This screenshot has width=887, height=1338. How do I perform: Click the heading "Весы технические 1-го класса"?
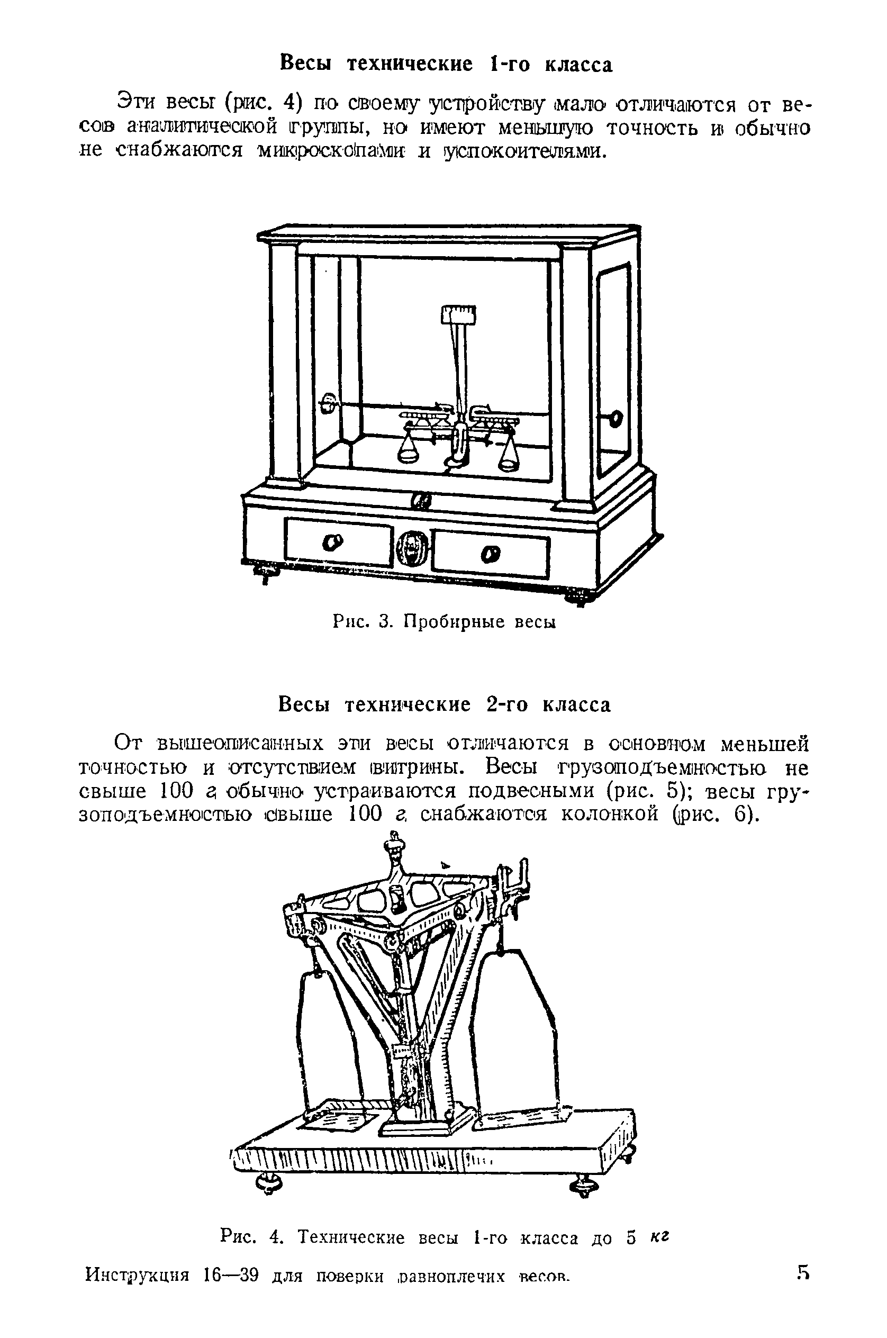(x=446, y=64)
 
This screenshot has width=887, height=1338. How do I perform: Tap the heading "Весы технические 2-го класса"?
(x=445, y=705)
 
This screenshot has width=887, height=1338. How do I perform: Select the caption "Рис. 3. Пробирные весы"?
(x=443, y=622)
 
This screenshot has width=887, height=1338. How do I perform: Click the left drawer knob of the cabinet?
(x=331, y=543)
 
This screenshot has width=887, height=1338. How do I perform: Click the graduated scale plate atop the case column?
(x=458, y=313)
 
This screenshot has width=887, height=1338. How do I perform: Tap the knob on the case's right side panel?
(x=614, y=419)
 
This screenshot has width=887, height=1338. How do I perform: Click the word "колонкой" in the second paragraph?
(x=609, y=815)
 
